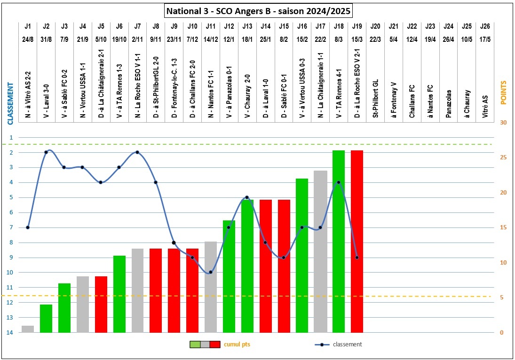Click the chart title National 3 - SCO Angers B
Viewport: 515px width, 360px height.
(258, 10)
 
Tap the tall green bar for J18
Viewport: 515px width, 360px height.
(339, 241)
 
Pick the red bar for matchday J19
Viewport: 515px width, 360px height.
(357, 241)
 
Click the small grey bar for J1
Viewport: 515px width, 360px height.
(28, 329)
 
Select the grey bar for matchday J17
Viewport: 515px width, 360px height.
(320, 251)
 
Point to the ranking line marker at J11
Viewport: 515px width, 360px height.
(211, 272)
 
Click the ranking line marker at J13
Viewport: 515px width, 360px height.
(247, 197)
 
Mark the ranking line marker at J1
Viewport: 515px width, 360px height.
(28, 227)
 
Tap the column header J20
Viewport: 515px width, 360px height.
(375, 26)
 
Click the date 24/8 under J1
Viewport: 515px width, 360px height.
(28, 39)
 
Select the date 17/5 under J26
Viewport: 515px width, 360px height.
(485, 39)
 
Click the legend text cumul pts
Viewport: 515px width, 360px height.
(237, 344)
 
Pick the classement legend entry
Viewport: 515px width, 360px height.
(347, 344)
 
